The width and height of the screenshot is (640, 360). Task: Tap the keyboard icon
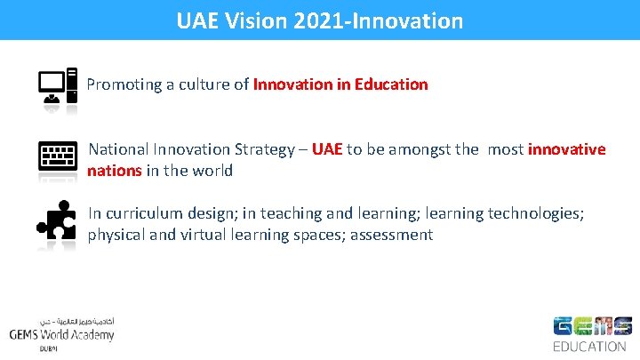[57, 156]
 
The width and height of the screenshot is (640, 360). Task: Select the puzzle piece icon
[56, 223]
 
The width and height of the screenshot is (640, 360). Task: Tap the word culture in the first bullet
[207, 85]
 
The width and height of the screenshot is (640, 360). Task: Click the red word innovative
[566, 149]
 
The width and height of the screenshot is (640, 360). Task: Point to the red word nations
[115, 170]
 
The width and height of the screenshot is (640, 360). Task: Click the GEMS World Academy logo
[61, 333]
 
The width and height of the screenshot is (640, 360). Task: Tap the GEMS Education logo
[591, 333]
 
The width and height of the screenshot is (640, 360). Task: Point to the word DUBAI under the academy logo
[48, 349]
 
